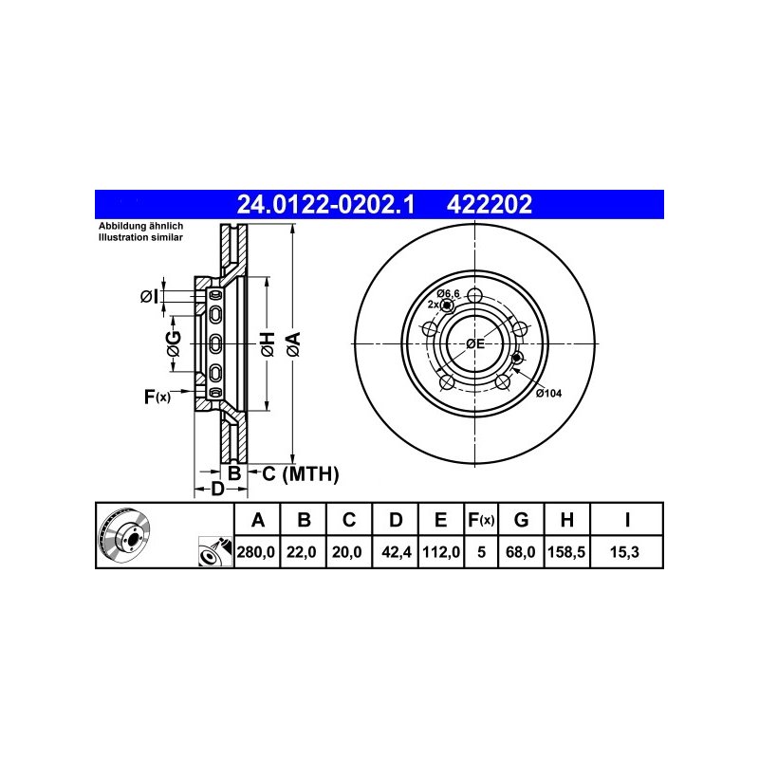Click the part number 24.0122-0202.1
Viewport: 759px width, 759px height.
click(325, 204)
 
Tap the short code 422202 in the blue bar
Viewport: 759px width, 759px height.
click(490, 204)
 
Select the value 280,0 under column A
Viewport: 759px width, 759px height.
click(256, 552)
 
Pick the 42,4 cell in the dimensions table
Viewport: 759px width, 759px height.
click(397, 552)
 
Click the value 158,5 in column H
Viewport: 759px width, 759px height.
click(566, 552)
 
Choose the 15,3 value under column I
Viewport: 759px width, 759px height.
click(624, 552)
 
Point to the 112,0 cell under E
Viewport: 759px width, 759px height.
click(441, 552)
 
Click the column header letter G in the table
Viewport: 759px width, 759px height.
click(521, 520)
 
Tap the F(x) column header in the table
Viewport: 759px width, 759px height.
click(481, 520)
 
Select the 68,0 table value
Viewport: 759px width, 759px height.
click(521, 552)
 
